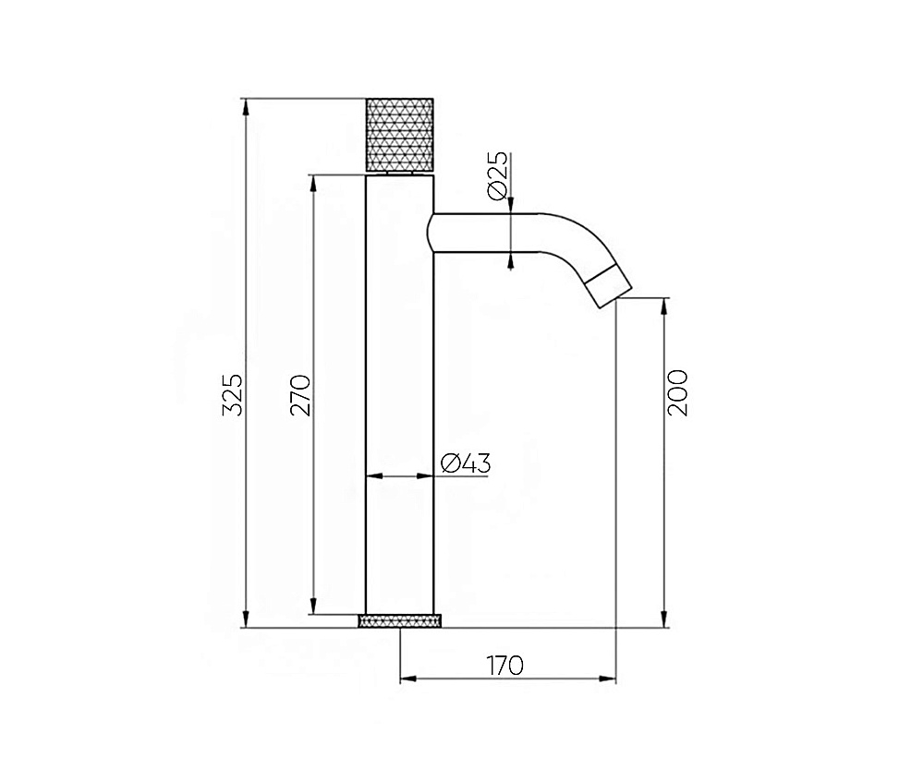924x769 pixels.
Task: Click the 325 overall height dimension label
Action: [x=234, y=394]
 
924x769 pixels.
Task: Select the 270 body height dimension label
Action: [x=300, y=395]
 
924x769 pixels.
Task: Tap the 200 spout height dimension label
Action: [x=677, y=393]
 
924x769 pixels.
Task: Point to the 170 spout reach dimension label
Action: [x=505, y=666]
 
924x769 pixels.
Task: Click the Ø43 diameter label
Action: [x=466, y=463]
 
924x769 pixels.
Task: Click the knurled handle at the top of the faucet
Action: [x=400, y=135]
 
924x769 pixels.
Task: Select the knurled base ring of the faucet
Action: [x=400, y=620]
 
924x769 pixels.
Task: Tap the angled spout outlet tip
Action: [x=611, y=286]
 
